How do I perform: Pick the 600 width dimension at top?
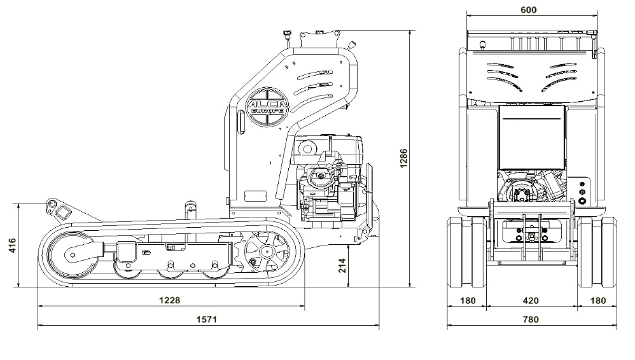pos(528,10)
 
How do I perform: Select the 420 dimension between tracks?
pos(531,300)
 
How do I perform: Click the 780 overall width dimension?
pos(531,319)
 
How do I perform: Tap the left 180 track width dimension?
pos(467,300)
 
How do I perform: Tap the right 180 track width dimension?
pos(597,300)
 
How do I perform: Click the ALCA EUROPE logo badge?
pos(267,106)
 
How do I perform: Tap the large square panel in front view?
pos(532,135)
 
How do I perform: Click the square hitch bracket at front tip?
pos(62,211)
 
